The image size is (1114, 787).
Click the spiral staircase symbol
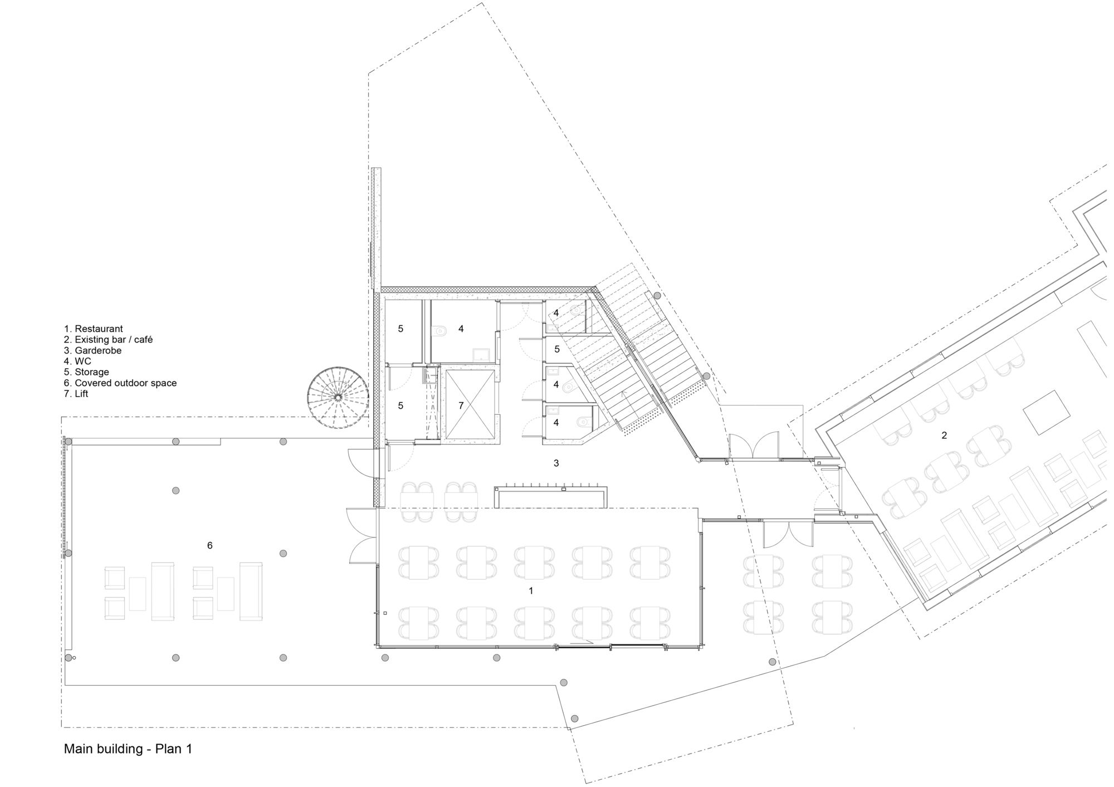tap(338, 397)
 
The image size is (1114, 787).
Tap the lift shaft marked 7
tap(469, 404)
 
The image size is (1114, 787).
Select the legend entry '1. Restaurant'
tap(93, 329)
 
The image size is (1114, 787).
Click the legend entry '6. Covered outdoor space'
tap(120, 383)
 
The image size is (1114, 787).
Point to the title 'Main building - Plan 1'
tap(128, 749)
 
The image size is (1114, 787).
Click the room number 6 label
tap(210, 546)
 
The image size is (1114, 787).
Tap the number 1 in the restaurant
tap(531, 590)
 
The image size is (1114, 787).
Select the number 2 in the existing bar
tap(944, 436)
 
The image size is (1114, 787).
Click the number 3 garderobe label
tap(556, 463)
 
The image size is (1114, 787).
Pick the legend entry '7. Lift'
tap(76, 394)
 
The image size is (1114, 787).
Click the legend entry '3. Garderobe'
tap(92, 351)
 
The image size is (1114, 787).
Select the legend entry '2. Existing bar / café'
tap(108, 340)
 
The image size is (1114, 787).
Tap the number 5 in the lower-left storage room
tap(400, 406)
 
